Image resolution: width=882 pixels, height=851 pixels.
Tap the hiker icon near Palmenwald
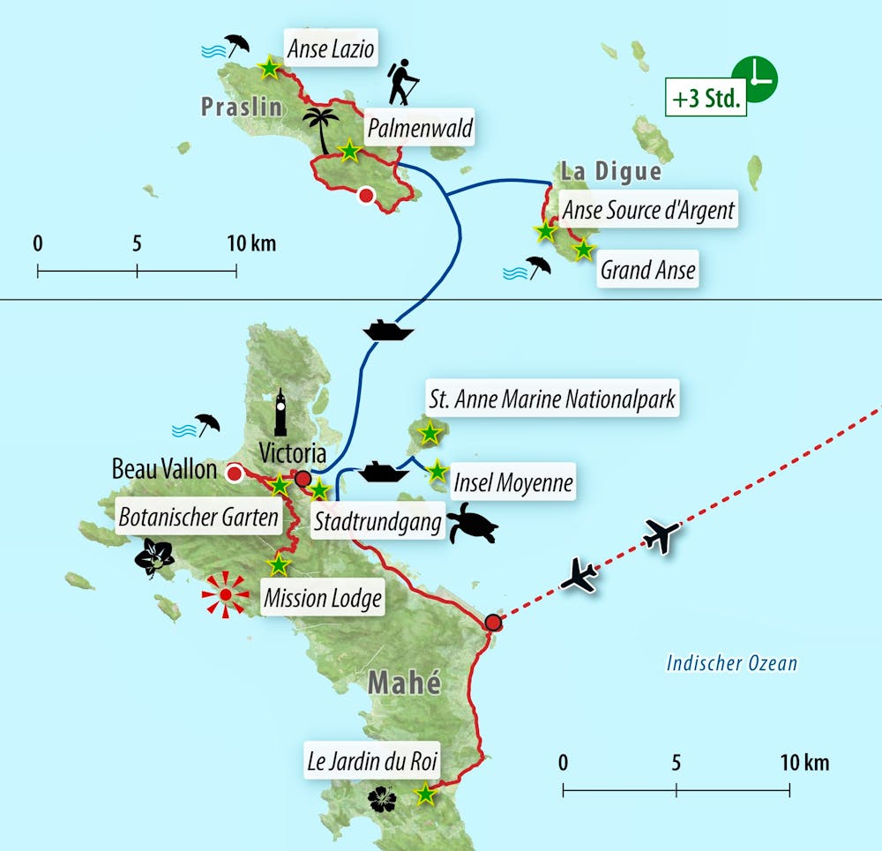(403, 83)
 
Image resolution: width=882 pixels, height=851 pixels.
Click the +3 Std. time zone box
(706, 100)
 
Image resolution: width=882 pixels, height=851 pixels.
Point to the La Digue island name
(610, 171)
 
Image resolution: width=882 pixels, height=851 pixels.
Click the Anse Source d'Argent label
(648, 211)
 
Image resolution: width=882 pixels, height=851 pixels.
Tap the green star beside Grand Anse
(583, 250)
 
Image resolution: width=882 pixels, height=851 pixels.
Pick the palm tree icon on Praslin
(321, 130)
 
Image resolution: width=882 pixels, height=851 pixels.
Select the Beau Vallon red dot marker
(235, 474)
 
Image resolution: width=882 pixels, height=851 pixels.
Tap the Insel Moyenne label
(512, 483)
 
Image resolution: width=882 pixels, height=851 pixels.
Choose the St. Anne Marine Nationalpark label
(551, 399)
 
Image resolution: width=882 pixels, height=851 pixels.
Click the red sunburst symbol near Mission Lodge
(225, 595)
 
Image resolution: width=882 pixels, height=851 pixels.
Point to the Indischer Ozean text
(731, 664)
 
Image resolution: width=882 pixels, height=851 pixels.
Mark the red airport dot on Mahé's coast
(494, 623)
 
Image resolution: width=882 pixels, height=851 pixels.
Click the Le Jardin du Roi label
(372, 763)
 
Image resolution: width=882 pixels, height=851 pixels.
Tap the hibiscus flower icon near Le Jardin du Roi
(382, 799)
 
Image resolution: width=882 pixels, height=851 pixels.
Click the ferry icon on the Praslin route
(388, 330)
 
